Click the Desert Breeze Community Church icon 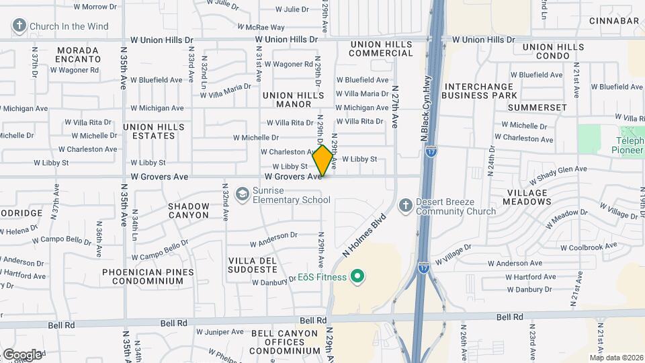pyautogui.click(x=405, y=205)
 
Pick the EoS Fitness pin pyautogui.click(x=358, y=276)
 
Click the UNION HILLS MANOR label pyautogui.click(x=287, y=99)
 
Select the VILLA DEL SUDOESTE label pyautogui.click(x=253, y=264)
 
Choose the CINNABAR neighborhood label pyautogui.click(x=614, y=21)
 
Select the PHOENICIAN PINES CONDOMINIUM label pyautogui.click(x=148, y=276)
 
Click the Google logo pyautogui.click(x=22, y=354)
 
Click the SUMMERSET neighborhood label pyautogui.click(x=537, y=108)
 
